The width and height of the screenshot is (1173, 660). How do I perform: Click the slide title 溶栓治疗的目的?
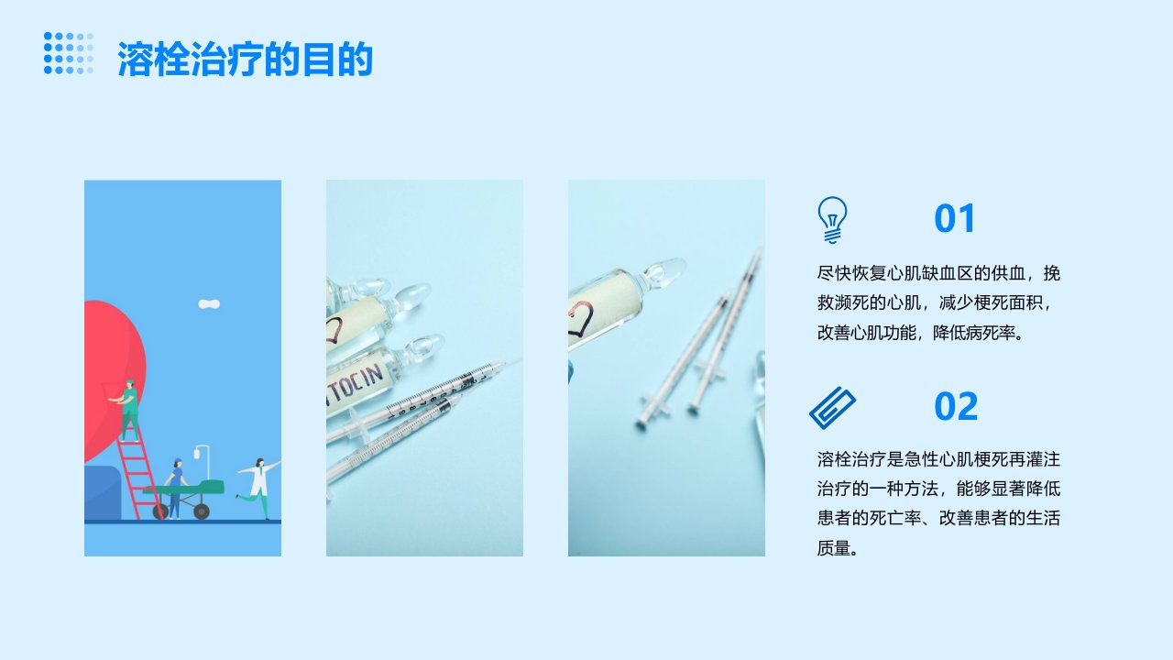pyautogui.click(x=245, y=59)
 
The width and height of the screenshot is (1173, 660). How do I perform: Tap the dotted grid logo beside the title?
pyautogui.click(x=69, y=53)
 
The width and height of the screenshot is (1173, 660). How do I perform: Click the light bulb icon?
pyautogui.click(x=832, y=220)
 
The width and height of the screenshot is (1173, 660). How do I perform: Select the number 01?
pyautogui.click(x=954, y=218)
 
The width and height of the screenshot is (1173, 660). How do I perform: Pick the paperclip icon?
pyautogui.click(x=833, y=408)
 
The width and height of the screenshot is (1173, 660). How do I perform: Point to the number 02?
pyautogui.click(x=956, y=406)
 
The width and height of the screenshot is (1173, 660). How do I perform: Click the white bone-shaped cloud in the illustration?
pyautogui.click(x=209, y=303)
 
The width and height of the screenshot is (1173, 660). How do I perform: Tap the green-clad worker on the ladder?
pyautogui.click(x=127, y=410)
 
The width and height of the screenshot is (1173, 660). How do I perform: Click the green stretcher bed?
pyautogui.click(x=186, y=489)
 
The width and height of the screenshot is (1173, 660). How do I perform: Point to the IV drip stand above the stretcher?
pyautogui.click(x=203, y=463)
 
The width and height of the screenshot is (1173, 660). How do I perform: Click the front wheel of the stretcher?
pyautogui.click(x=202, y=511)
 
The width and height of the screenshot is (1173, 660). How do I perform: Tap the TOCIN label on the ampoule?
pyautogui.click(x=357, y=385)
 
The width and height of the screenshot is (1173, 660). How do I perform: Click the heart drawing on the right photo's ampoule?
pyautogui.click(x=580, y=318)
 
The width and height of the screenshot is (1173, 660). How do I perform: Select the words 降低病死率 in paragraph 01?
pyautogui.click(x=973, y=333)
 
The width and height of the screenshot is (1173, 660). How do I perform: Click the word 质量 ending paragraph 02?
pyautogui.click(x=834, y=548)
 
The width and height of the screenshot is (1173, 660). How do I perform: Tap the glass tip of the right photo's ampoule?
pyautogui.click(x=664, y=272)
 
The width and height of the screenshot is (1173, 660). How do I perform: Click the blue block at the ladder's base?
pyautogui.click(x=103, y=493)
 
